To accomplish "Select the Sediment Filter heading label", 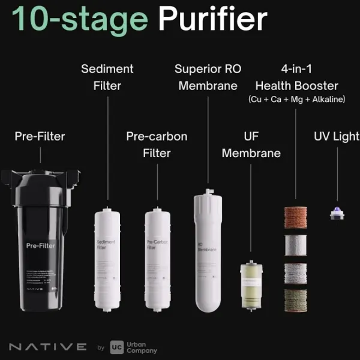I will coord(107,77).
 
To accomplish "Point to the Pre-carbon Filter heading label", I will coord(157,145).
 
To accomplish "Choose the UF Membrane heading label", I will coord(251,145).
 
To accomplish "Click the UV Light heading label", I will coord(336,136).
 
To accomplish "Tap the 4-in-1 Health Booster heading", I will coord(296,77).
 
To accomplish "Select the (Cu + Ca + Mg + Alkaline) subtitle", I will coord(296,100).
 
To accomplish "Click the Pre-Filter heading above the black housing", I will coord(40,136).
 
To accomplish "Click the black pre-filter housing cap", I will coord(40,178).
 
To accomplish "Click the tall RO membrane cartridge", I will coord(208,252).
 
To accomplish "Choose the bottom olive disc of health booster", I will coord(296,299).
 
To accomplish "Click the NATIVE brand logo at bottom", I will coord(48,347).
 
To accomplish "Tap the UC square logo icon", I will coord(117,347).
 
